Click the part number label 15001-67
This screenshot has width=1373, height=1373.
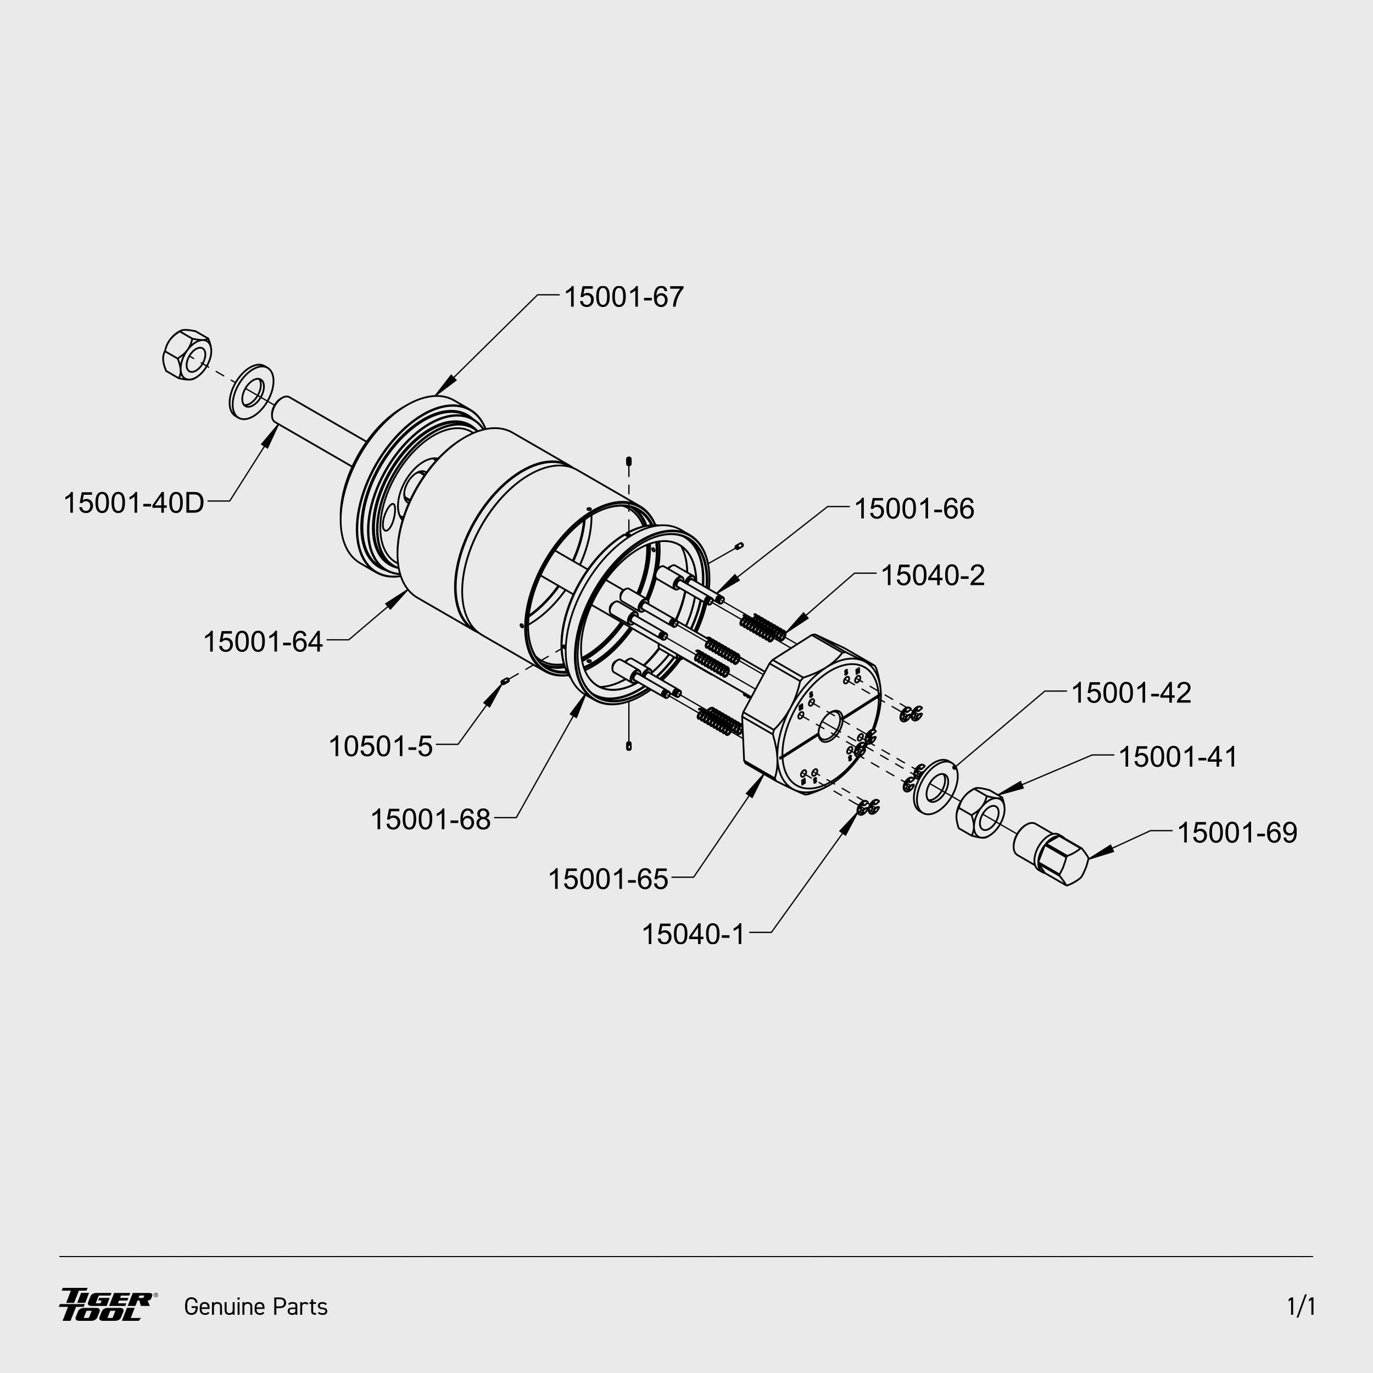[623, 297]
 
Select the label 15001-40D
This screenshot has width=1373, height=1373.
[133, 503]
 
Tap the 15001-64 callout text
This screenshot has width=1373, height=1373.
[263, 641]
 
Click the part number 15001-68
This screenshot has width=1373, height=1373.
[431, 819]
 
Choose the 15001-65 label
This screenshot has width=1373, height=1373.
[609, 879]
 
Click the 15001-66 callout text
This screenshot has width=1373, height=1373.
[914, 509]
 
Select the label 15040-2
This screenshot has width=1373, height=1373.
[933, 576]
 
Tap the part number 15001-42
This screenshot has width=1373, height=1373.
[1131, 693]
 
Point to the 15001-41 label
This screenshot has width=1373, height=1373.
[1178, 757]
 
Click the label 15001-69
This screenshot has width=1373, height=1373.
[1237, 833]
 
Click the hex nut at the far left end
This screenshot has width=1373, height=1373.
[187, 354]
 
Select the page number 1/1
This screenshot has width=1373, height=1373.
[1301, 1306]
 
